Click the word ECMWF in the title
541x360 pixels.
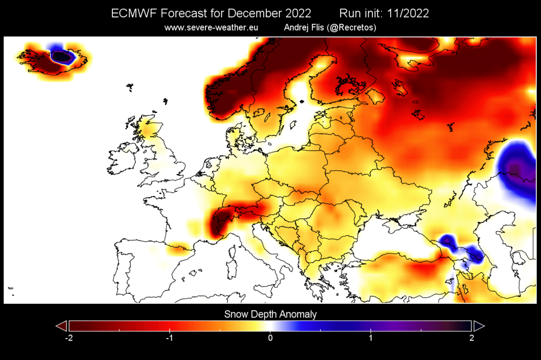point(134,13)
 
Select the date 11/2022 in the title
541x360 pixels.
point(408,13)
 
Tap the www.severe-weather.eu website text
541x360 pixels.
point(211,28)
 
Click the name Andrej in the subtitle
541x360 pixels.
point(296,28)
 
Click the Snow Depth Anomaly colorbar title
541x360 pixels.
point(270,314)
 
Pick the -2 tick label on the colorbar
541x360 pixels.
point(69,338)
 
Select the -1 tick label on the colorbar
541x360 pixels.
point(169,338)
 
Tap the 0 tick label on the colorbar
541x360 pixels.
point(270,338)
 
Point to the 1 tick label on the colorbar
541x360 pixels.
point(371,338)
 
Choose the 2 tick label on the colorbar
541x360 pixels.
point(471,338)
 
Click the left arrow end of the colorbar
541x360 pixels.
point(61,326)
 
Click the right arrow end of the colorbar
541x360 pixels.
point(479,326)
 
